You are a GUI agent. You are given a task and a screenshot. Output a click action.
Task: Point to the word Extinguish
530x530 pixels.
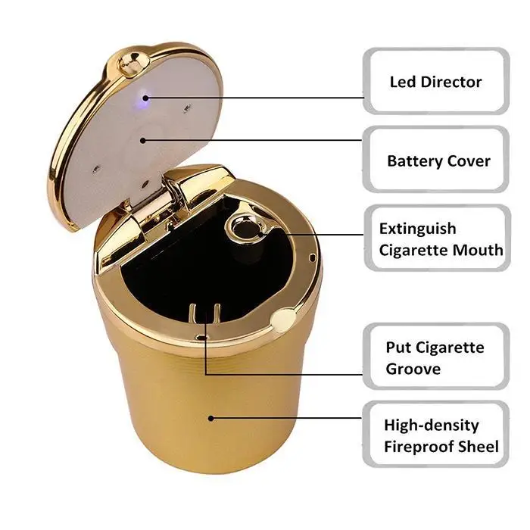pos(417,229)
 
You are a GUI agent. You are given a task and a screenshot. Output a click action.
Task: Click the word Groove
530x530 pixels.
pos(413,369)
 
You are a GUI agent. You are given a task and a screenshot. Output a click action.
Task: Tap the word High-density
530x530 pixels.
pos(432,426)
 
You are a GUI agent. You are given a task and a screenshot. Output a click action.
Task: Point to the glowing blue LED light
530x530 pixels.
pos(145,97)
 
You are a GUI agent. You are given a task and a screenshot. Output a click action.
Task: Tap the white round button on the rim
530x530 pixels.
pos(284,320)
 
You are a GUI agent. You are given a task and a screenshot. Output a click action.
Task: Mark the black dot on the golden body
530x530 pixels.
pos(211,419)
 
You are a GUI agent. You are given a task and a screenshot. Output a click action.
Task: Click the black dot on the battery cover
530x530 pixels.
pos(143,140)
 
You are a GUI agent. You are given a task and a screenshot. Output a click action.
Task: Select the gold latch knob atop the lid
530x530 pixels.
pos(132,64)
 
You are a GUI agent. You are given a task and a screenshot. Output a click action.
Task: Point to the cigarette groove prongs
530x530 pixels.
pos(205,314)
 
